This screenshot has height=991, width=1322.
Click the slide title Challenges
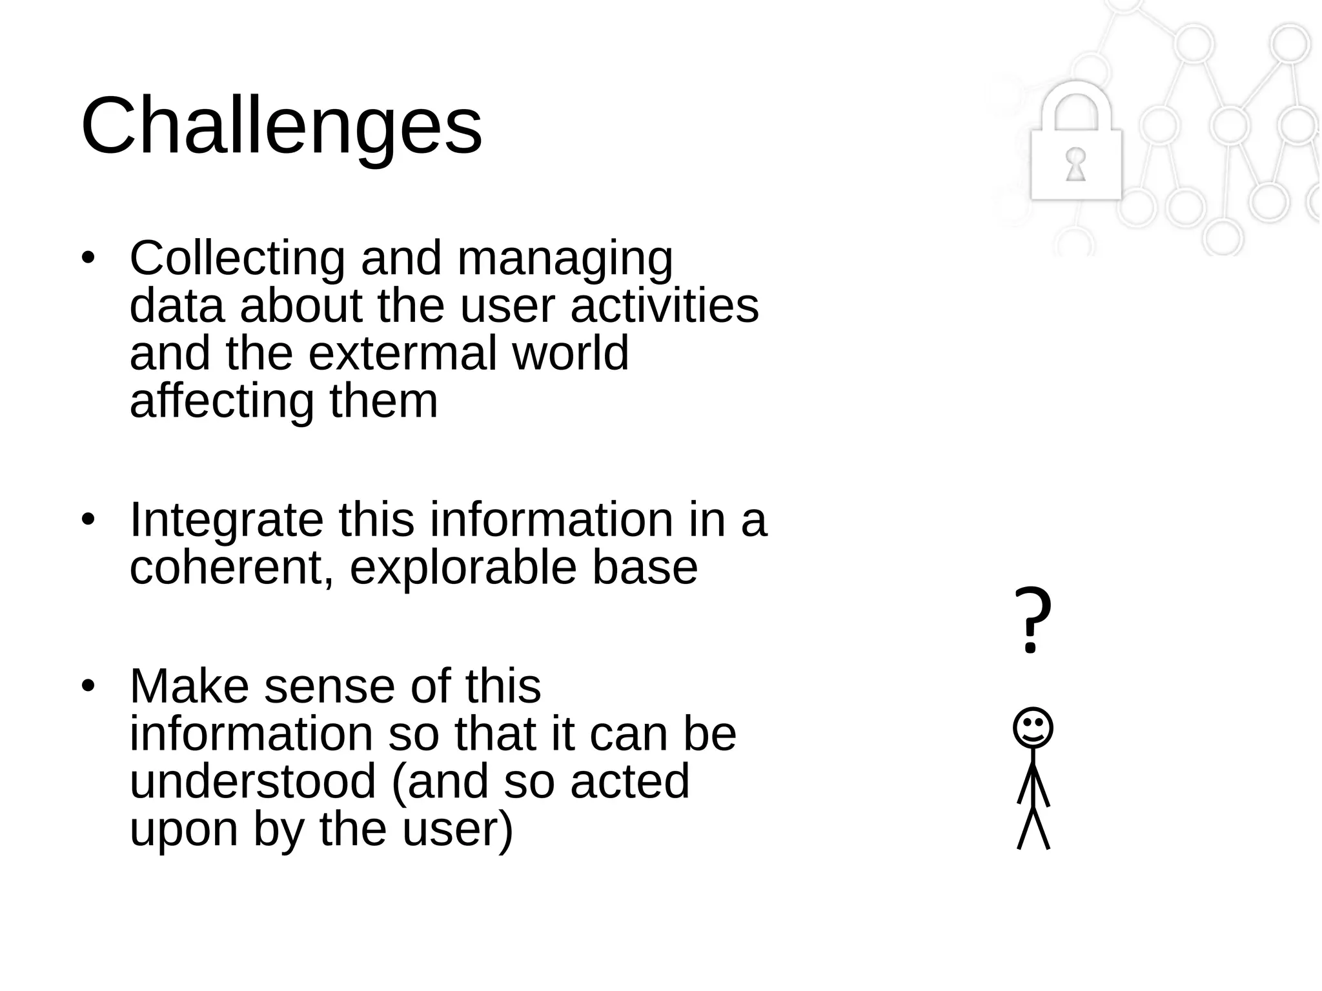[x=281, y=126]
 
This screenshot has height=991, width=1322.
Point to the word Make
[x=188, y=686]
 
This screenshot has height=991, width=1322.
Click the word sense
[x=329, y=686]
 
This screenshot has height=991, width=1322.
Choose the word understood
[x=252, y=781]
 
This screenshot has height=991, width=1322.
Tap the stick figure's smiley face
[x=1033, y=728]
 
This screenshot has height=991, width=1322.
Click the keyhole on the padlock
[x=1075, y=164]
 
